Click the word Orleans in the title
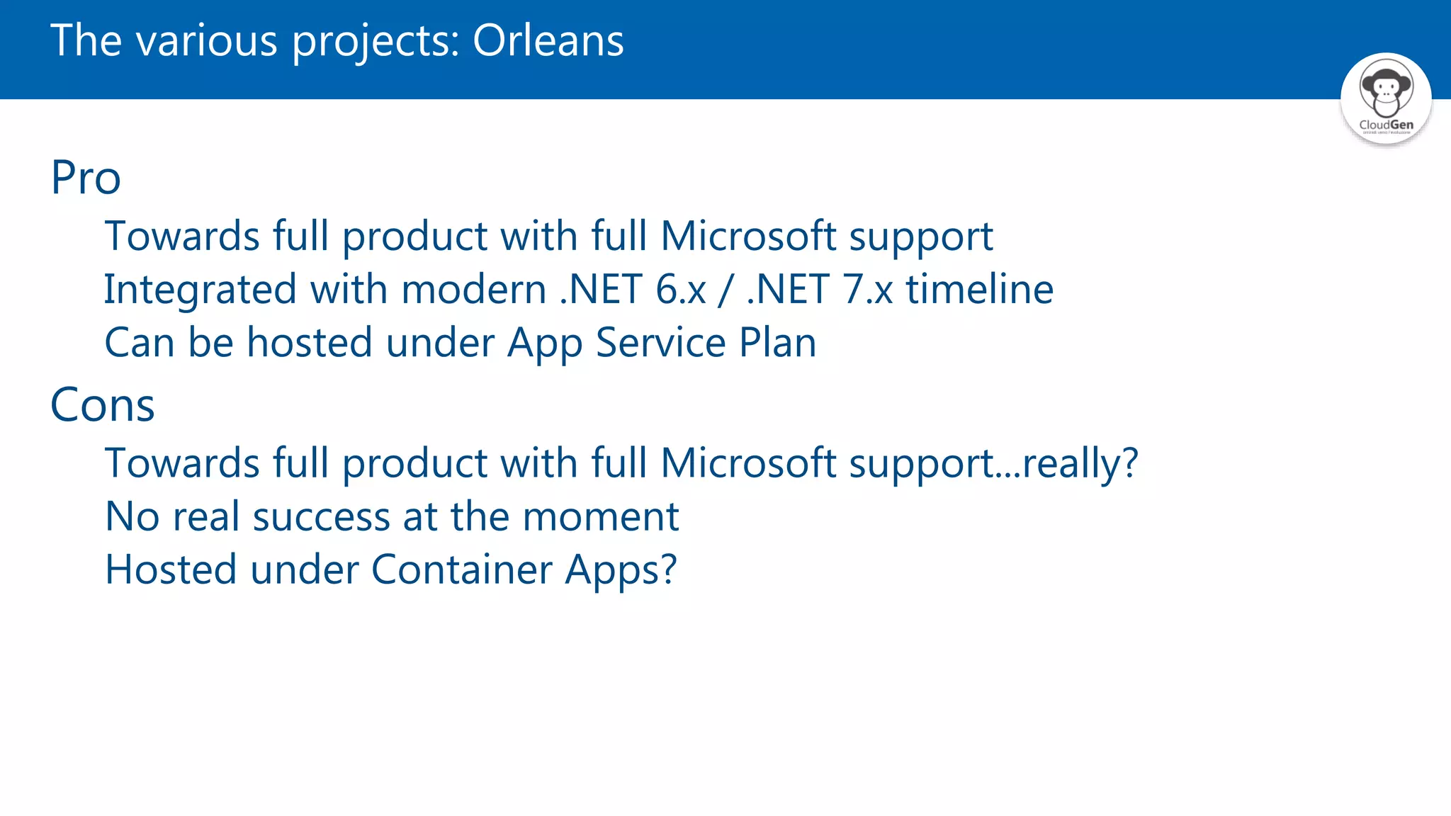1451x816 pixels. (x=548, y=40)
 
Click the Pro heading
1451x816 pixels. (x=86, y=177)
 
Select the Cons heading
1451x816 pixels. (x=103, y=405)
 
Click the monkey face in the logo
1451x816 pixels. (x=1386, y=91)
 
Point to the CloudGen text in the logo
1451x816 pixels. (x=1386, y=125)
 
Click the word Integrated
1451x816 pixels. (x=200, y=290)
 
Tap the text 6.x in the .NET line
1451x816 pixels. (x=681, y=290)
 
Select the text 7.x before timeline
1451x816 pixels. (x=868, y=290)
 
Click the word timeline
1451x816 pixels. (x=980, y=290)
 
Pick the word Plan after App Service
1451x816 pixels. (x=777, y=343)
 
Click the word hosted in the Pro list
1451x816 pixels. (x=310, y=343)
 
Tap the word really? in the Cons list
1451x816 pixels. (x=1080, y=464)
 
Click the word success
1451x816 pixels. (x=321, y=517)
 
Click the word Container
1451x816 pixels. (x=461, y=570)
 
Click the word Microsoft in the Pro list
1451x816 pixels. (x=748, y=236)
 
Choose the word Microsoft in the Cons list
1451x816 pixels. (x=748, y=464)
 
